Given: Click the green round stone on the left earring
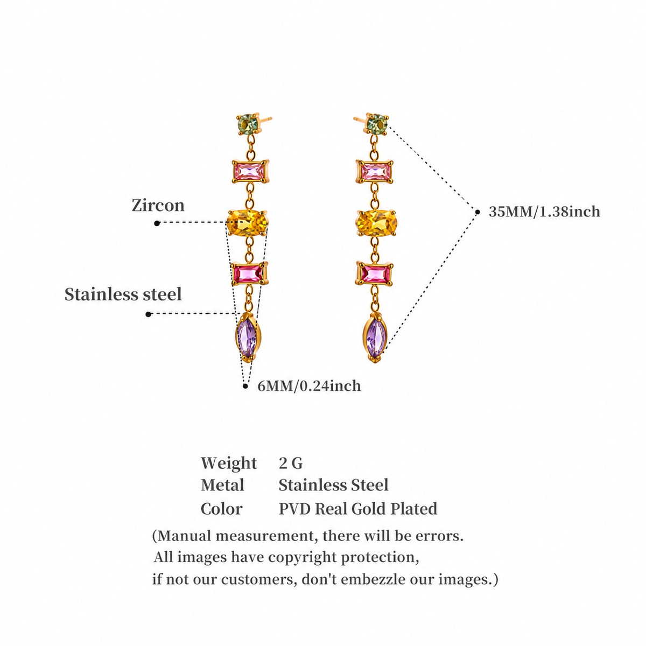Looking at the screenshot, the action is [248, 123].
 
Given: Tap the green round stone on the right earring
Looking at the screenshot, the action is [377, 123].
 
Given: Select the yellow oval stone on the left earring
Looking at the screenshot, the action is [248, 223].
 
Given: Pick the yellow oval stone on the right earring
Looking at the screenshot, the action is [376, 223].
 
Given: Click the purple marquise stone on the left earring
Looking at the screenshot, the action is [247, 336].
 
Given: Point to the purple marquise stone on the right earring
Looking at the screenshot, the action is [375, 336].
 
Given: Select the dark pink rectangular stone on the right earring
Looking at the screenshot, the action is [375, 274].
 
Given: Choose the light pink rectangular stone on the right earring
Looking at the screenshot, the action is [375, 172].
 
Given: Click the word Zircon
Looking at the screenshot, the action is [158, 205].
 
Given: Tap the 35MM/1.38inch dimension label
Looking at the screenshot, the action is [544, 212].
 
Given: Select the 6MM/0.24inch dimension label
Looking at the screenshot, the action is [309, 386].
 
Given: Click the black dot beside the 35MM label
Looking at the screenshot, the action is [478, 212].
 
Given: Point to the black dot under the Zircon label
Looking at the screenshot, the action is [157, 223].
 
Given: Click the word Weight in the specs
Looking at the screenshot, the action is [229, 464].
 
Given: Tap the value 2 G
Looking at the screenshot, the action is [291, 464].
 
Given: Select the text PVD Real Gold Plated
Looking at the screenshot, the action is [358, 509].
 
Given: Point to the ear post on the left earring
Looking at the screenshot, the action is [264, 118].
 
